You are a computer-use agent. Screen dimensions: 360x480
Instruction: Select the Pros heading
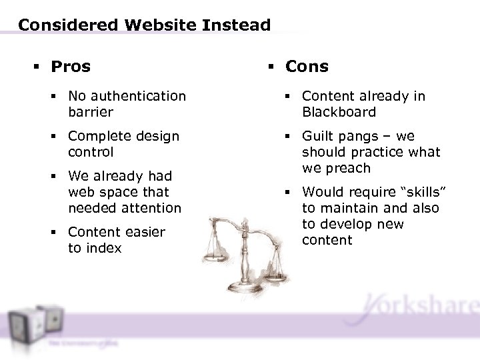pyautogui.click(x=71, y=66)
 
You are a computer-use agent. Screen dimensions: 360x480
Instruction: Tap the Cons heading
pyautogui.click(x=307, y=66)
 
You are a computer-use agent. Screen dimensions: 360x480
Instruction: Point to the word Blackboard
pyautogui.click(x=339, y=112)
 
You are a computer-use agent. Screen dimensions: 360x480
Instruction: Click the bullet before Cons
pyautogui.click(x=274, y=67)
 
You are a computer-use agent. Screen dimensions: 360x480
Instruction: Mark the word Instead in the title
pyautogui.click(x=238, y=25)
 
